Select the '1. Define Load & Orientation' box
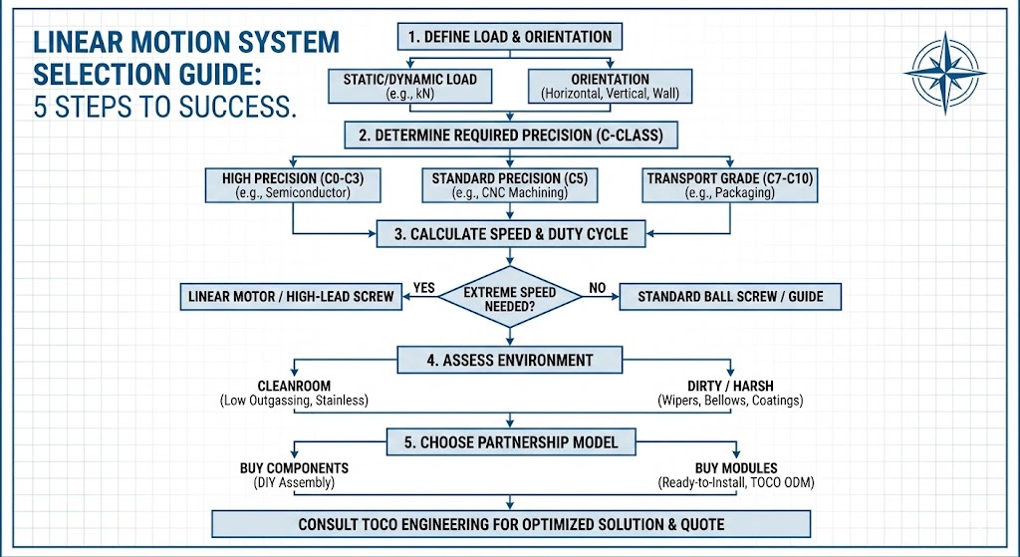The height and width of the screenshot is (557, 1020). (x=510, y=37)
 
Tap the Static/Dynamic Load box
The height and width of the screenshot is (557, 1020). (x=411, y=86)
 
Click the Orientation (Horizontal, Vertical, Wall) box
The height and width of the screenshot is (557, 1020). (x=610, y=86)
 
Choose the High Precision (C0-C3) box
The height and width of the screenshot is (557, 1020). (x=292, y=185)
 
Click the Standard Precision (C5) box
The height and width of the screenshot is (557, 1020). (x=510, y=185)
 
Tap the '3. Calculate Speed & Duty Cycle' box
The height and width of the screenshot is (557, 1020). (x=510, y=234)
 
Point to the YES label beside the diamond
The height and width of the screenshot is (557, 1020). (x=424, y=288)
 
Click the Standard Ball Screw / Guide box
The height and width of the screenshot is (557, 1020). (x=729, y=297)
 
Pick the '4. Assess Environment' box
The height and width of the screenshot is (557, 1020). (x=510, y=360)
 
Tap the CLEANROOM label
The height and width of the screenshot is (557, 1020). (x=294, y=386)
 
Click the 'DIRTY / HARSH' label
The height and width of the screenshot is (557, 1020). (x=730, y=386)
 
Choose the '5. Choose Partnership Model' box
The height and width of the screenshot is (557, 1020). (x=510, y=441)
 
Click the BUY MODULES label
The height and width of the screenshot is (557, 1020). (x=731, y=467)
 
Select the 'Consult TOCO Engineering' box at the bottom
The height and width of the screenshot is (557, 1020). (x=510, y=524)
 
